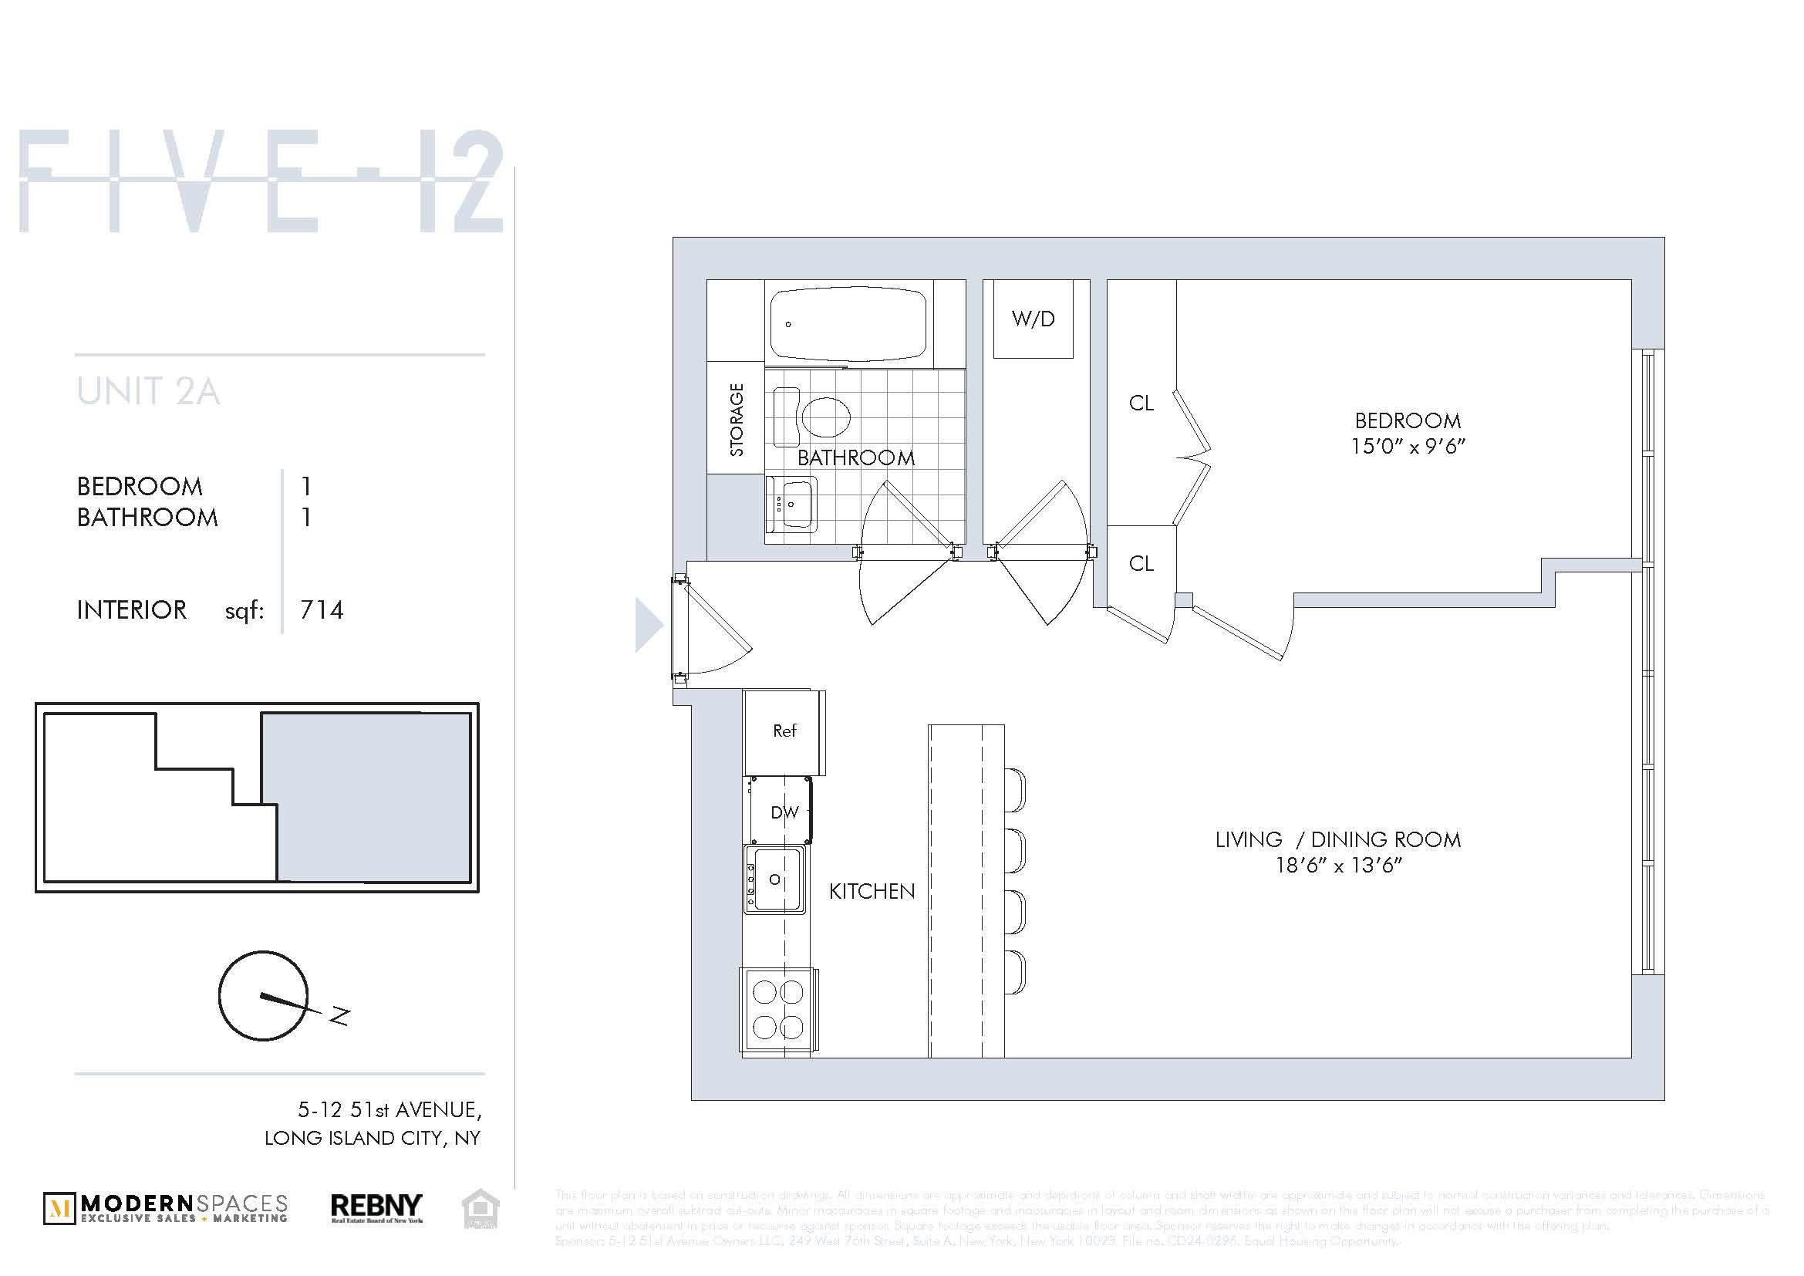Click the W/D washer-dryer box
(1033, 319)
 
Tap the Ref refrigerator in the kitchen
(784, 731)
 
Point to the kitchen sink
(774, 879)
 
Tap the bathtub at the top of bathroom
(848, 323)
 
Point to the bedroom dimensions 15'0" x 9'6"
(1408, 446)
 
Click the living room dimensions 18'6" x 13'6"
(1338, 866)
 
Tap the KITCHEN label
(872, 891)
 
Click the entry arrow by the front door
(648, 625)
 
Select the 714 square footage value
(322, 610)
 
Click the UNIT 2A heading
(149, 392)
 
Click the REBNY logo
(376, 1208)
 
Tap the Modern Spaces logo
(166, 1208)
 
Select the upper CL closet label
(1141, 403)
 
